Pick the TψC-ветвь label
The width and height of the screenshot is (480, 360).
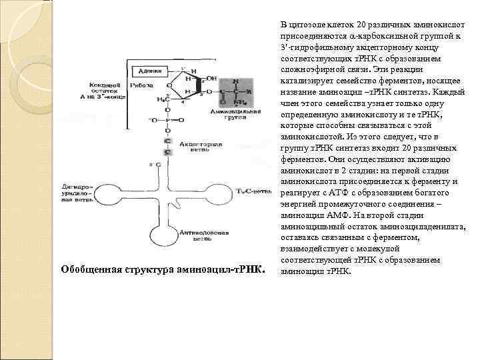point(253,191)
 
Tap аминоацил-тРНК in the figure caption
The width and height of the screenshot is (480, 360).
point(223,270)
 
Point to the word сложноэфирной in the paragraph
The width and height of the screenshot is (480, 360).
point(313,69)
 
